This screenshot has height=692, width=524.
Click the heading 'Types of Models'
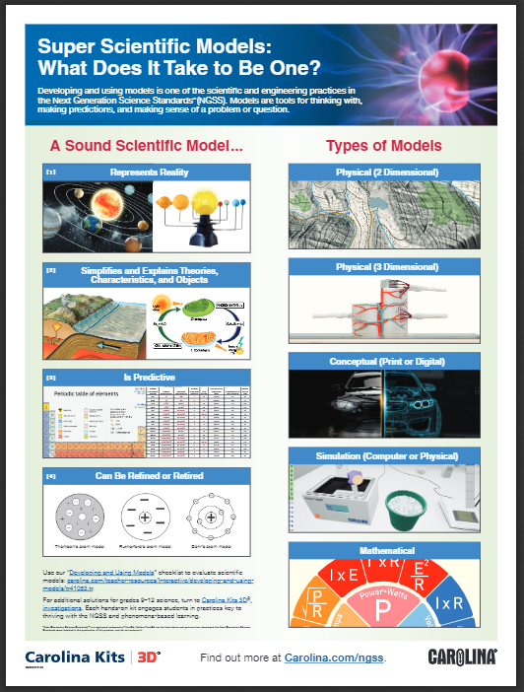click(383, 147)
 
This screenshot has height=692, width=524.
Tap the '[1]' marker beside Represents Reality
click(51, 172)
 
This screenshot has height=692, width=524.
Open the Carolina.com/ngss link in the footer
click(334, 657)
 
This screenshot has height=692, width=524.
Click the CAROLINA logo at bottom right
click(462, 657)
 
